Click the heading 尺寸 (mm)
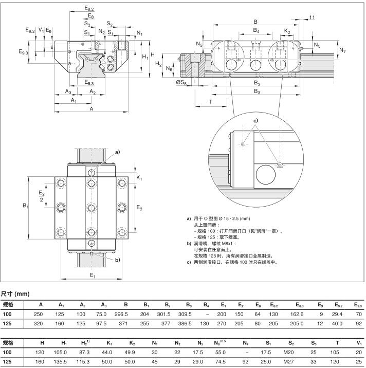15,294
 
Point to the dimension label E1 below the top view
93,276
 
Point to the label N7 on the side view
343,50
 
